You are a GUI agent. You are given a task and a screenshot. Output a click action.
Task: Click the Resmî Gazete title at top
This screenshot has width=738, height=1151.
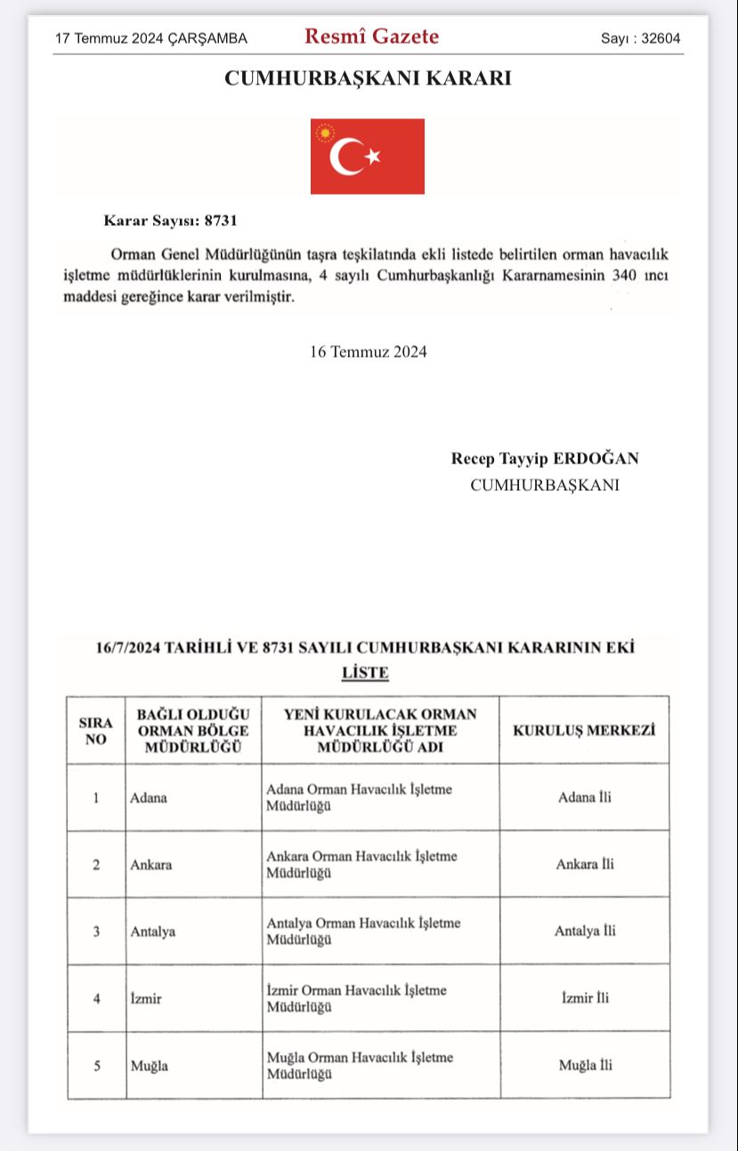[371, 36]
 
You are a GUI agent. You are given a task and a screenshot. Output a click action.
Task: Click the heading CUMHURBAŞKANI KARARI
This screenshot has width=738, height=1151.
[368, 78]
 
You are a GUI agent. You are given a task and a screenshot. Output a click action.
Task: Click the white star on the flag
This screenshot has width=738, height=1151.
[373, 157]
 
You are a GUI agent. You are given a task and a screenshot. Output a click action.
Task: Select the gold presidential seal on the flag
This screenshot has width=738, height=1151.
[325, 133]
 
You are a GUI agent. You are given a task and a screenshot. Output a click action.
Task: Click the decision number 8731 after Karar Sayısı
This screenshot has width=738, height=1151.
[221, 219]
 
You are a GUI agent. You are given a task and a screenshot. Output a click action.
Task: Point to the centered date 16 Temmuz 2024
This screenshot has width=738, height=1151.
[368, 351]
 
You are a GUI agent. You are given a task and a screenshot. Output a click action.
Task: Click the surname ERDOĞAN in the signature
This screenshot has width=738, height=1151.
[597, 459]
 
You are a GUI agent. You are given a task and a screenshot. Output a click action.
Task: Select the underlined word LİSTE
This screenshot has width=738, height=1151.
[365, 673]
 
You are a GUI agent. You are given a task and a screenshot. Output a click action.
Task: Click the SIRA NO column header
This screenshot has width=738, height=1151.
[95, 730]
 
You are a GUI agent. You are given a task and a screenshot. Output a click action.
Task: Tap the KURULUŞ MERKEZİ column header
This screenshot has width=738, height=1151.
[584, 730]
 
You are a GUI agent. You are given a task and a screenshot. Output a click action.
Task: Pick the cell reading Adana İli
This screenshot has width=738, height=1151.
[584, 797]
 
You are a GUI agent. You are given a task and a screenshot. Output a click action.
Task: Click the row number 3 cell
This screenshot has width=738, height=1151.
[96, 931]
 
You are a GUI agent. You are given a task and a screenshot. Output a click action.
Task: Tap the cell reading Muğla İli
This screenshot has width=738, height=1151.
[585, 1065]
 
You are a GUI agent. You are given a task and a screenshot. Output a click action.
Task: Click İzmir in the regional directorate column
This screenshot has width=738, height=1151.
[146, 998]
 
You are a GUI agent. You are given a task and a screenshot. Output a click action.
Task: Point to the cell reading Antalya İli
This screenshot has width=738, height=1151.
[585, 931]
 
